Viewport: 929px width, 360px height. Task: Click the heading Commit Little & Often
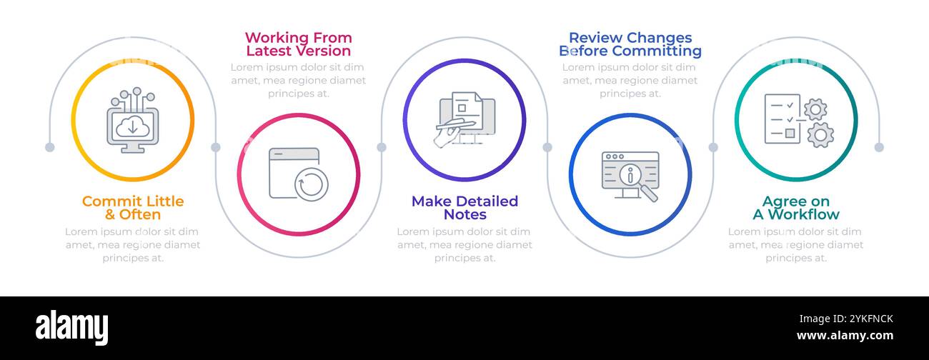[133, 208]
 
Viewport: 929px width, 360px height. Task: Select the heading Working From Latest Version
[298, 44]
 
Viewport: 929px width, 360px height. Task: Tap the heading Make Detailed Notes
[464, 208]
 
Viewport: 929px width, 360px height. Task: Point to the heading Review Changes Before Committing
[630, 44]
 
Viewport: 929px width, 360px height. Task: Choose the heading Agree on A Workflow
[796, 208]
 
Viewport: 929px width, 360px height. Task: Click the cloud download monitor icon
[133, 120]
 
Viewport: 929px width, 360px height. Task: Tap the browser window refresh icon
[299, 174]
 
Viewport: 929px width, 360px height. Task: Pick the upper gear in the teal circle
[815, 109]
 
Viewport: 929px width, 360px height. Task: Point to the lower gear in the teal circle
[820, 135]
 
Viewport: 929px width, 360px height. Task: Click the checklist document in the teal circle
[783, 119]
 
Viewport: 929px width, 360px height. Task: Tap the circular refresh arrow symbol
[312, 184]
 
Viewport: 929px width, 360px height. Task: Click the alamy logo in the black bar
[71, 328]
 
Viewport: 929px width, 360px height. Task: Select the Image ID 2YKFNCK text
[846, 319]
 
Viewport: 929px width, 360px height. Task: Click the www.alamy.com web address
[845, 335]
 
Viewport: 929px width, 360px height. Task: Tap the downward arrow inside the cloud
[133, 127]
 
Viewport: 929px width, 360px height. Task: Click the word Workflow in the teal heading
[804, 214]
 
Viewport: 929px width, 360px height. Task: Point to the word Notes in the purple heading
[465, 214]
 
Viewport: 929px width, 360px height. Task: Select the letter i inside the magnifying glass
[630, 175]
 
